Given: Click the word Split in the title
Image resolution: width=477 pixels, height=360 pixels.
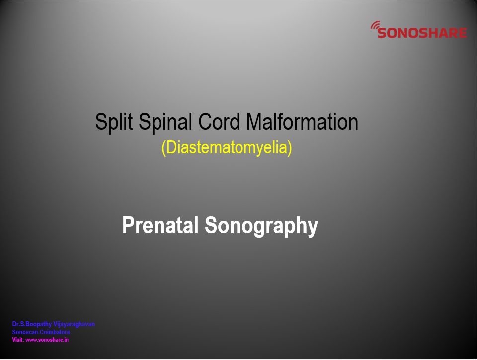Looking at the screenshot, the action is point(114,122).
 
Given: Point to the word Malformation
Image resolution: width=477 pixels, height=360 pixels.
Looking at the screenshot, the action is point(302,122).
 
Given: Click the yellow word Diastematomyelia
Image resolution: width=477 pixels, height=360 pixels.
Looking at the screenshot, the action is point(227,147).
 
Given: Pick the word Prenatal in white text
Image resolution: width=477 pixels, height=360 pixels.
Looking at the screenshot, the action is point(160,225).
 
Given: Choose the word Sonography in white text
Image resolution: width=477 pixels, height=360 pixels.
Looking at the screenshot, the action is point(261,226).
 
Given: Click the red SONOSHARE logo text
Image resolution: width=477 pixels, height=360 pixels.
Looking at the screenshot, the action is point(422,33).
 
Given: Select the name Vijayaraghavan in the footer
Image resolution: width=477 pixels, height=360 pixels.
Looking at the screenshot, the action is point(74,324).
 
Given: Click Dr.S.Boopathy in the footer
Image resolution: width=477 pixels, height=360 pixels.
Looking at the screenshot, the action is point(32,324).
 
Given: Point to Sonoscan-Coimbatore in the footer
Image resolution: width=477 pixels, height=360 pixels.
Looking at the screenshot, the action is point(41,332).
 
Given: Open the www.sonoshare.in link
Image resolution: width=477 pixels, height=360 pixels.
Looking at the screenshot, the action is point(47,340).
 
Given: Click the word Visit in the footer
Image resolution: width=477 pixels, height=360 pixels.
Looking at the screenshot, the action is point(17,340).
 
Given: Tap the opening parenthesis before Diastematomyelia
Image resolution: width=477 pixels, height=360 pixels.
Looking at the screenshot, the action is point(163,148).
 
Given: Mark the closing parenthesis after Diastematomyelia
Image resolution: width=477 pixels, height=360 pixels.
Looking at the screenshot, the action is point(290,148).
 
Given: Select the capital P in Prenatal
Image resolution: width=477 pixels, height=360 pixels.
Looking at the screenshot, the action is point(128,225).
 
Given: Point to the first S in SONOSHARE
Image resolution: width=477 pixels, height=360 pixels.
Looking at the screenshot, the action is point(382,33).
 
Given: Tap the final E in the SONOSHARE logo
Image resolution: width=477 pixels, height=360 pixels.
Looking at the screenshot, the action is point(463,33).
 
